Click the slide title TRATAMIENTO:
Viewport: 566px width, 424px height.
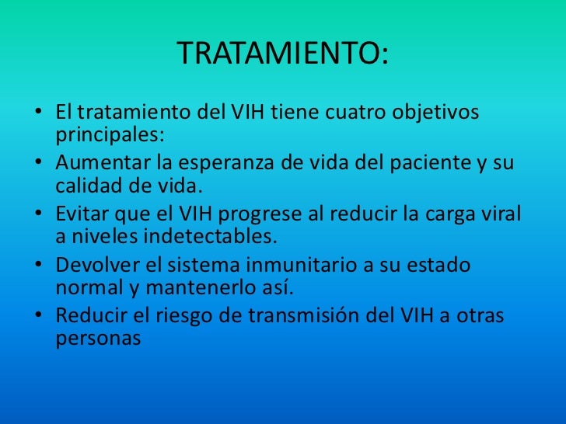pyautogui.click(x=283, y=54)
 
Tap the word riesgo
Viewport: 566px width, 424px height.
pyautogui.click(x=205, y=316)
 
